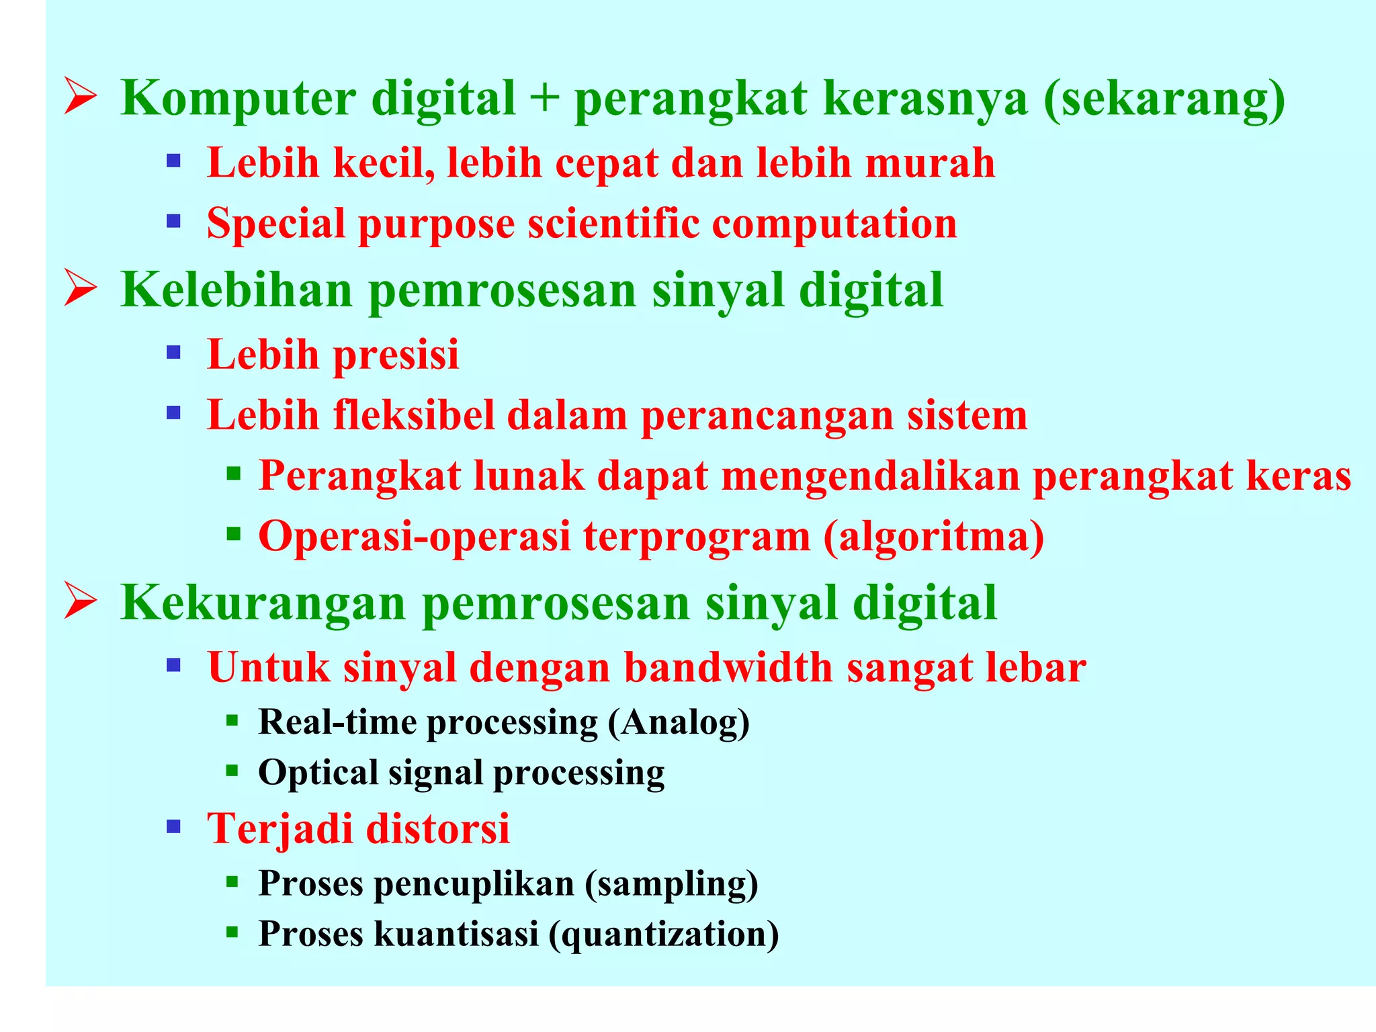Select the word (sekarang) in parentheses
(x=1164, y=99)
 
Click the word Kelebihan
(x=236, y=290)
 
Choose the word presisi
(x=396, y=355)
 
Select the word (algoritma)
(x=934, y=537)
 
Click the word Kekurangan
(x=263, y=603)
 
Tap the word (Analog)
(x=679, y=723)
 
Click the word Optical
(x=318, y=773)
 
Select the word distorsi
(x=438, y=828)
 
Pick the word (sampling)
(x=671, y=884)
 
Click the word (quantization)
(x=664, y=934)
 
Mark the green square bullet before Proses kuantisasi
(x=232, y=932)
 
